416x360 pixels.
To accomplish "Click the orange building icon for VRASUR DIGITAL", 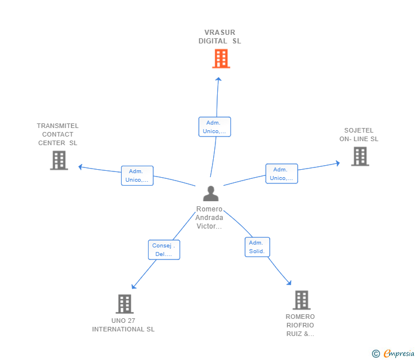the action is (x=221, y=59).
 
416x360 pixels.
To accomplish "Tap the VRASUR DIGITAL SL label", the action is (x=219, y=37).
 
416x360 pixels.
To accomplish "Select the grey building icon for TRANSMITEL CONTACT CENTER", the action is (x=59, y=160).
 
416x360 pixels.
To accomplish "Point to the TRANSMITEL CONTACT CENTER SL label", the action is (x=58, y=134).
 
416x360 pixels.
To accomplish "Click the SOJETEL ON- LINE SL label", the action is (x=359, y=134).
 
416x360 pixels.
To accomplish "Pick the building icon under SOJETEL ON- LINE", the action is (x=360, y=157).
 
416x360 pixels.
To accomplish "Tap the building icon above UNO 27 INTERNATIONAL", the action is (x=125, y=304).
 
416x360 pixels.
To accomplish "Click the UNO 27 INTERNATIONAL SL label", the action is (x=123, y=325).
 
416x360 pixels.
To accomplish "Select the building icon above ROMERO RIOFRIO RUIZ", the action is (x=302, y=300).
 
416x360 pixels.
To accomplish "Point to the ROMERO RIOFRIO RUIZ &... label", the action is (x=300, y=325).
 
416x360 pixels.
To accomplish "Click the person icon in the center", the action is (x=211, y=193).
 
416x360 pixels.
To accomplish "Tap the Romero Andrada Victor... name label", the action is (x=209, y=218).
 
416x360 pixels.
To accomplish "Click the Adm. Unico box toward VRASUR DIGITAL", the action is (x=215, y=127).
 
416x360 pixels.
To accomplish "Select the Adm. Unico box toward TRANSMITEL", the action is (x=137, y=175).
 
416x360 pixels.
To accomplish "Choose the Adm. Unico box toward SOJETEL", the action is (x=282, y=174).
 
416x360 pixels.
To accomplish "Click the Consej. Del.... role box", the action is (x=164, y=250).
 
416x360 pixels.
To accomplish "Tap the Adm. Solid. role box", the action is (x=257, y=247).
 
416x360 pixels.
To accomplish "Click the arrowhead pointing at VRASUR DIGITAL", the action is (x=218, y=79).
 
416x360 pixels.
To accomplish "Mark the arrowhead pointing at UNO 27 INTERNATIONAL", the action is (x=134, y=286).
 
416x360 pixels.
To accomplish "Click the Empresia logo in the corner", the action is (x=393, y=353).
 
